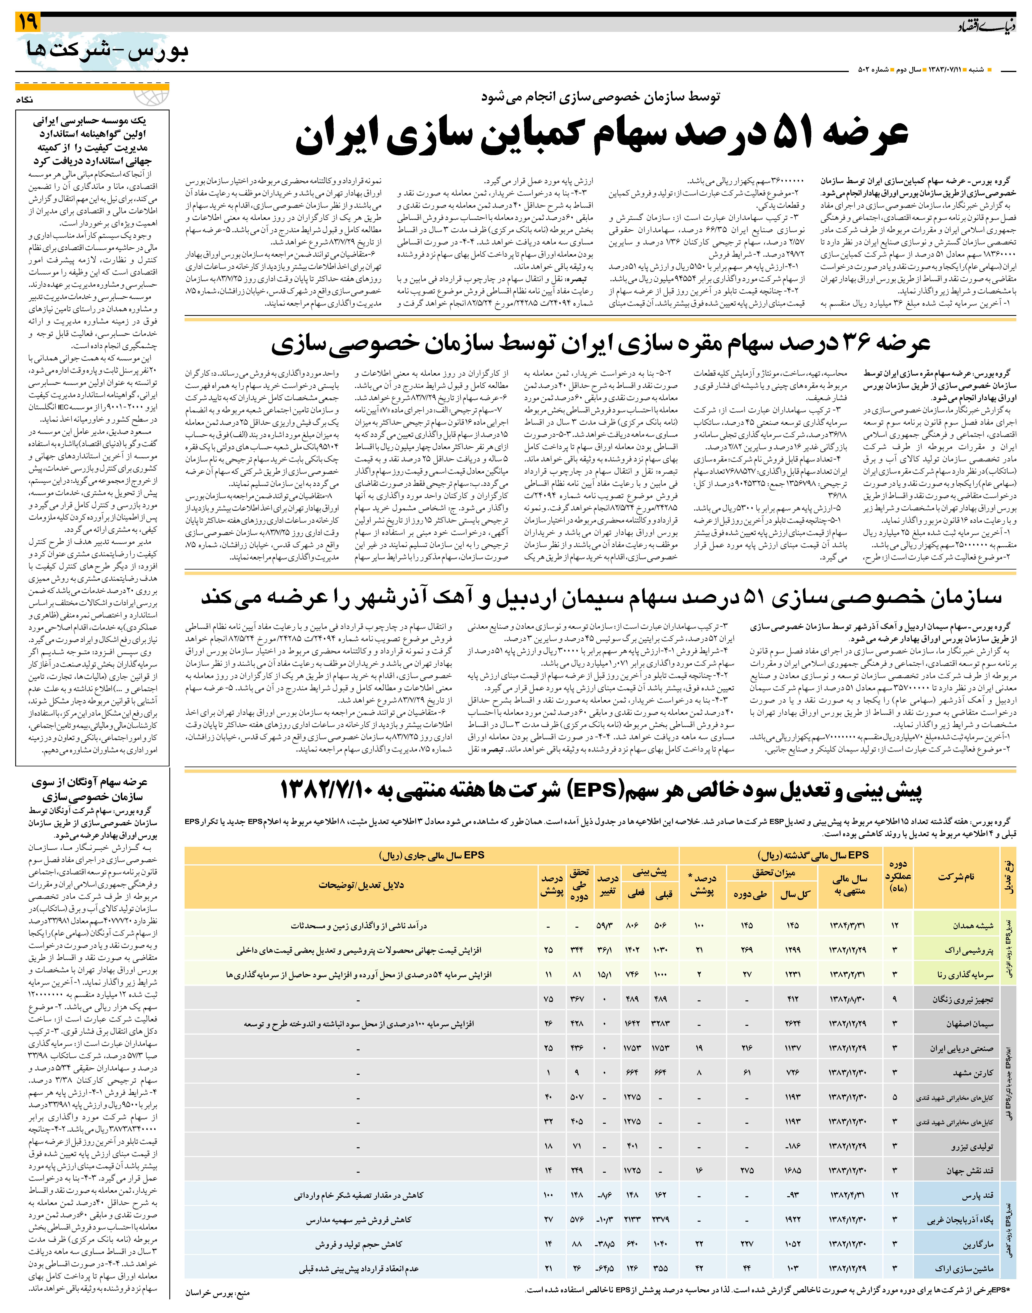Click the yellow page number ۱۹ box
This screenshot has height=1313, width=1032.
(x=27, y=22)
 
